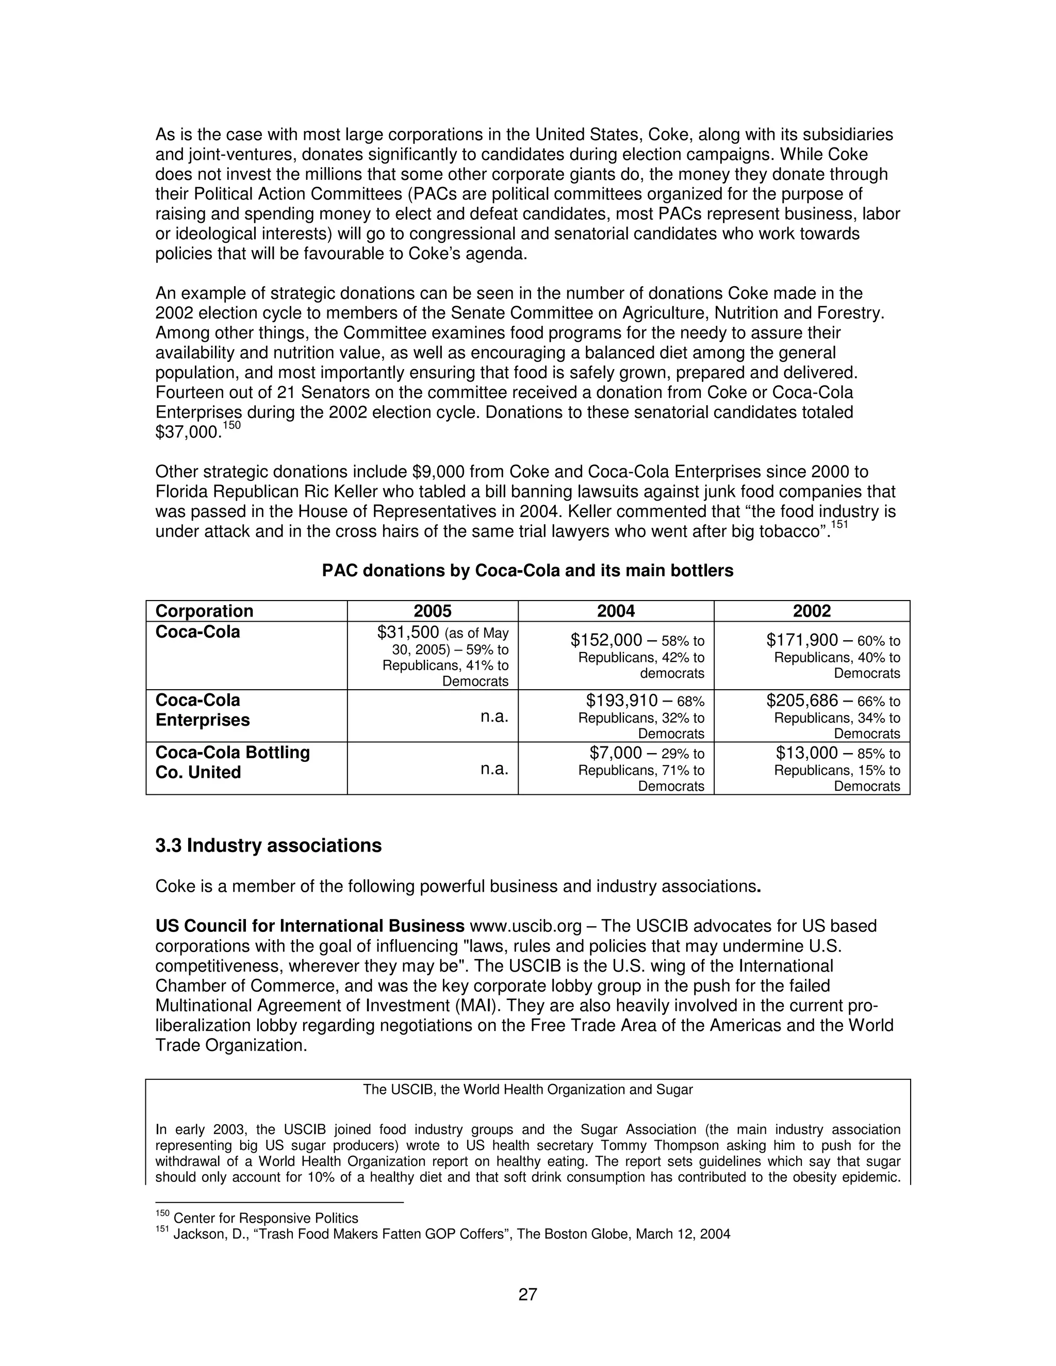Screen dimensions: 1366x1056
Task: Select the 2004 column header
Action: tap(616, 611)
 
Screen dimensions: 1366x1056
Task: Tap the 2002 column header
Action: tap(812, 611)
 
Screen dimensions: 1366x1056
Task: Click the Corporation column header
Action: tap(204, 611)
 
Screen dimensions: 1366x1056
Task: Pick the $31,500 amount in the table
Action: tap(408, 632)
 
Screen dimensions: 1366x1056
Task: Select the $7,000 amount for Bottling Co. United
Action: tap(616, 753)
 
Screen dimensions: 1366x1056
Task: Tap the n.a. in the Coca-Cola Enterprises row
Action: tap(494, 717)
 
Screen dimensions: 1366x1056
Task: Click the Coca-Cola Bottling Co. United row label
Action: tap(232, 762)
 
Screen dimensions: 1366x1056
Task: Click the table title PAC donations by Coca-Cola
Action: tap(527, 571)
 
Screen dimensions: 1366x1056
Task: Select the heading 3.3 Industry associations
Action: tap(268, 845)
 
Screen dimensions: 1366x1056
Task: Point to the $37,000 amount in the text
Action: tap(188, 433)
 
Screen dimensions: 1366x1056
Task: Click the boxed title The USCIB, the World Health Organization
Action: tap(527, 1090)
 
